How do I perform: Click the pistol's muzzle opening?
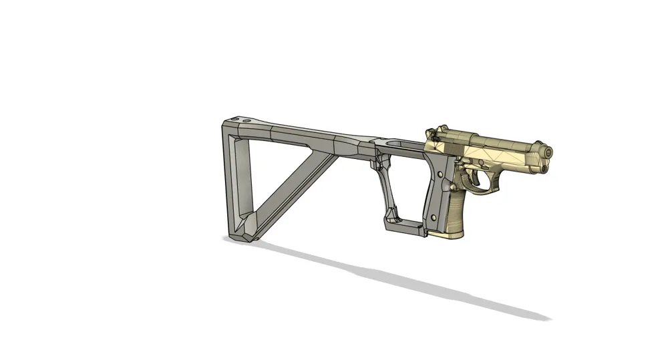548,154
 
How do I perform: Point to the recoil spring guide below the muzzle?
544,168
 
